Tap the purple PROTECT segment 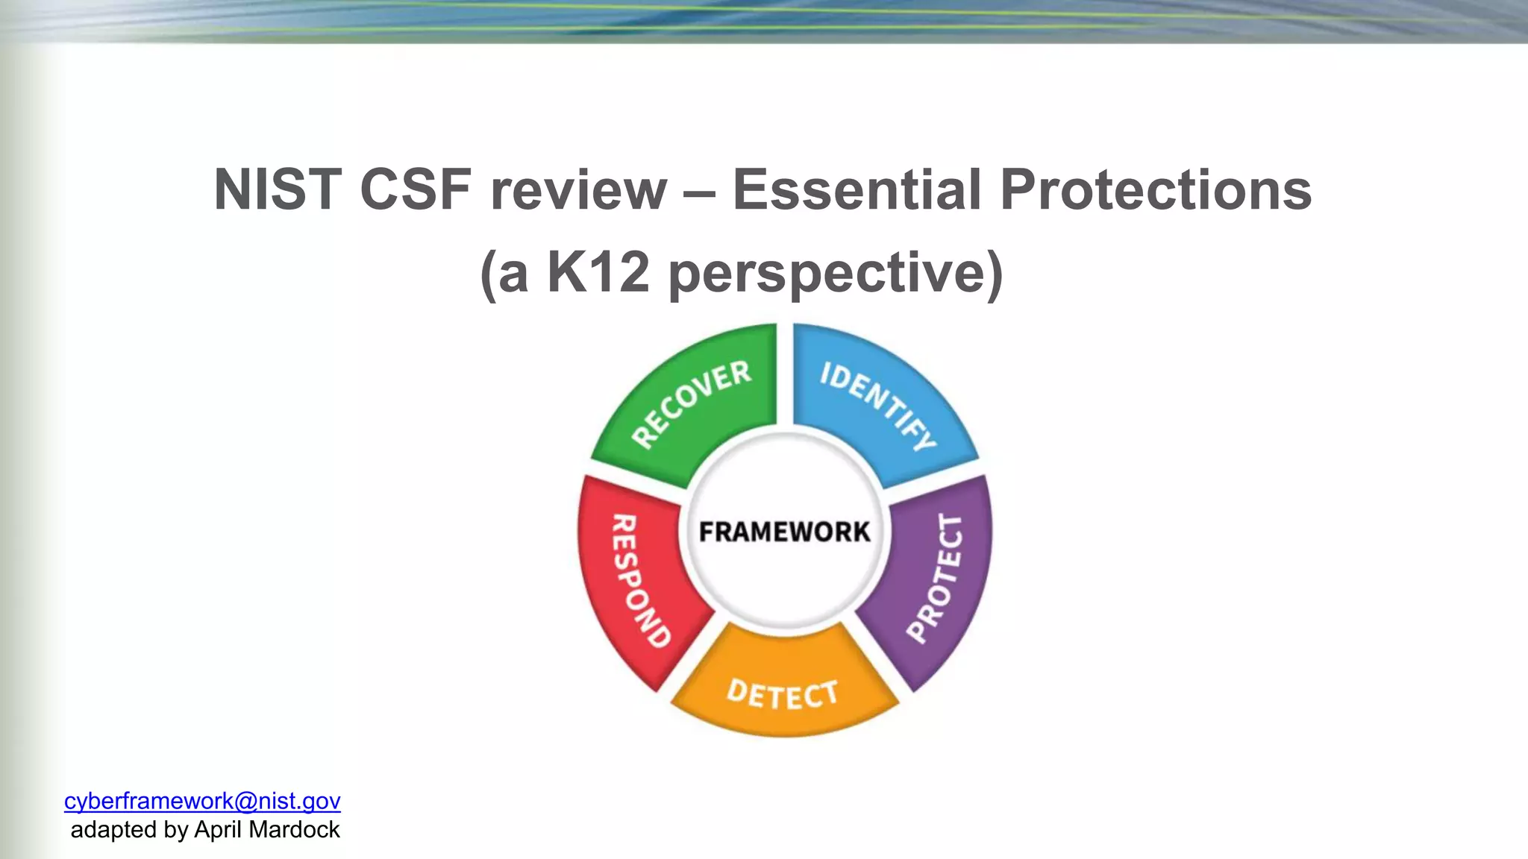[x=936, y=579]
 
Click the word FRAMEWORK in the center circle [x=784, y=532]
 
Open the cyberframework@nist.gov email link [x=202, y=801]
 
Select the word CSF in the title [x=416, y=190]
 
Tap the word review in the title [x=578, y=192]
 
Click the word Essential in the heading [x=856, y=190]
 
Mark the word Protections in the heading [x=1155, y=190]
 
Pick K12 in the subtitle [x=598, y=272]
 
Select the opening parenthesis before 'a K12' [x=488, y=274]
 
